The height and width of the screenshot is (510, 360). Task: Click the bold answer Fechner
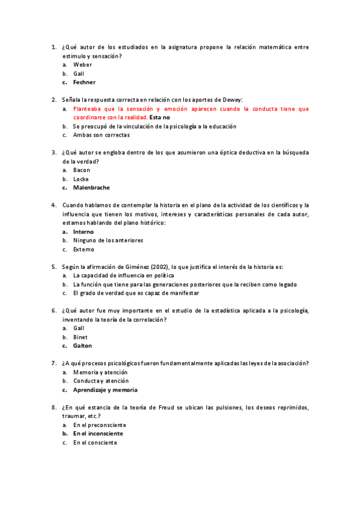[84, 82]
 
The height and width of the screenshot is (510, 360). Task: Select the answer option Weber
[83, 64]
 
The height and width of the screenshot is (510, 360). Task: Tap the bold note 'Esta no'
[159, 118]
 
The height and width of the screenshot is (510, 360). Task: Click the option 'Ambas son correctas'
[101, 135]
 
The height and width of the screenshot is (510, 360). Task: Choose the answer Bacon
[82, 170]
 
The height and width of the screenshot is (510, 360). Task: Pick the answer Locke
[81, 179]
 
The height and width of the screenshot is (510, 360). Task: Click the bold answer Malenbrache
[91, 188]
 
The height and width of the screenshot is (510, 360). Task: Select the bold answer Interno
[84, 232]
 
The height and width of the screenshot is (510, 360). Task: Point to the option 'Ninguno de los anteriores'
[108, 241]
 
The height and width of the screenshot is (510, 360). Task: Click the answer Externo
[84, 250]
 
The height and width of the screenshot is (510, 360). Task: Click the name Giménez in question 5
[135, 266]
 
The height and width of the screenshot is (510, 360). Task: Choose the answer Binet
[81, 337]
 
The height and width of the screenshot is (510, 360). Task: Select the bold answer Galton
[83, 346]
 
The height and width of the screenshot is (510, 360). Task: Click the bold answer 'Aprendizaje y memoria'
[105, 390]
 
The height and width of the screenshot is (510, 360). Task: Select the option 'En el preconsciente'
[100, 425]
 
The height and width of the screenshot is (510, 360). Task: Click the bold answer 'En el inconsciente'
[98, 434]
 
